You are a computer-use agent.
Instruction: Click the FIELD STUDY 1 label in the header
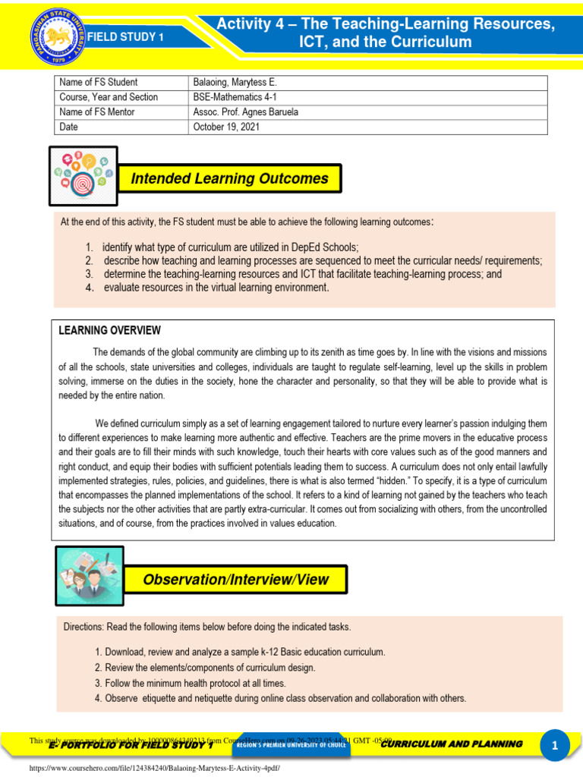click(123, 36)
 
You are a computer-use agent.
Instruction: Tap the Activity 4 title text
click(385, 33)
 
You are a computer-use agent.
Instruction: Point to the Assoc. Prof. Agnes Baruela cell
click(246, 112)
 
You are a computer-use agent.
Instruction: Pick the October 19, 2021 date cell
click(226, 127)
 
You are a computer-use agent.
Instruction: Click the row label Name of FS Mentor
click(97, 112)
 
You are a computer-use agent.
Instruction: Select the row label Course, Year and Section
click(109, 97)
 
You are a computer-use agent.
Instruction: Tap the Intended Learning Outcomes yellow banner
click(229, 179)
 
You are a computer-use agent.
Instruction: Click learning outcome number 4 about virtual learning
click(216, 288)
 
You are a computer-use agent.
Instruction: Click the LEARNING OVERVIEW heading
click(109, 330)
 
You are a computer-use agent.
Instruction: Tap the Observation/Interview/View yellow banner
click(235, 580)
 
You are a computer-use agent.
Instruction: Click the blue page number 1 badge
click(554, 747)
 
